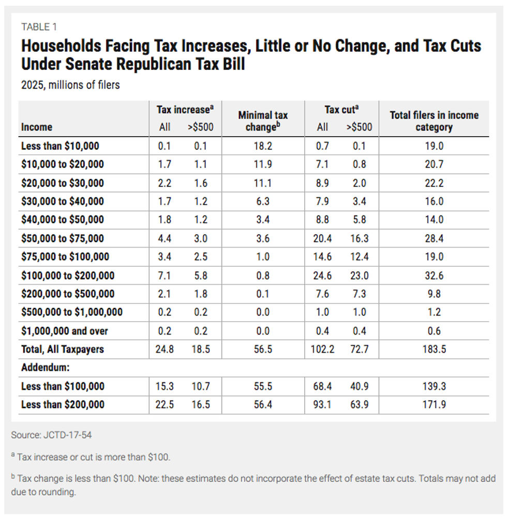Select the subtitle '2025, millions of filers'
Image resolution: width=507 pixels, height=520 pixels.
70,85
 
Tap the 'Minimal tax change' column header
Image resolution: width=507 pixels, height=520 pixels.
263,121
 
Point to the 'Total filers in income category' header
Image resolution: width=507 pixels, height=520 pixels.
434,121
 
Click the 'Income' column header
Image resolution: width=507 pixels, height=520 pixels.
37,127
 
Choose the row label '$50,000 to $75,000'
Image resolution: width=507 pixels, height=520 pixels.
63,238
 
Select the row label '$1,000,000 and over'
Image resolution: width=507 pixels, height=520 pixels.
65,330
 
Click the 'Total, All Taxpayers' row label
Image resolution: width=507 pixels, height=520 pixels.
63,349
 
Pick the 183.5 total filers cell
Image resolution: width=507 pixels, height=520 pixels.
434,349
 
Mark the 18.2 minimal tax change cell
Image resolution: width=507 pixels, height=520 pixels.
263,146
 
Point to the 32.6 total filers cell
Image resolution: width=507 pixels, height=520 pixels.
434,276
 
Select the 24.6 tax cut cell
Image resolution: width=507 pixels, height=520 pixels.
322,276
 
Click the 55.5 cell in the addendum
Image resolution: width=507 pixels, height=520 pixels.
263,386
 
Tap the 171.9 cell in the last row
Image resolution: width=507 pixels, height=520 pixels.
434,405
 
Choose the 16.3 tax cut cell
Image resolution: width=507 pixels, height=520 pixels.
359,238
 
